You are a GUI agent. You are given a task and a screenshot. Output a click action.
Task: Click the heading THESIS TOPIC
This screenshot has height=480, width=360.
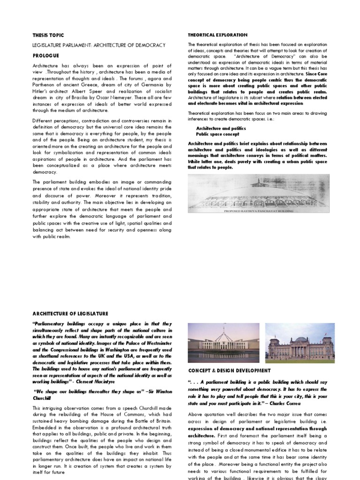(x=48, y=35)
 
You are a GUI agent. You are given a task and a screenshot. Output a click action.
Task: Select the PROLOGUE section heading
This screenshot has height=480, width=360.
(x=46, y=55)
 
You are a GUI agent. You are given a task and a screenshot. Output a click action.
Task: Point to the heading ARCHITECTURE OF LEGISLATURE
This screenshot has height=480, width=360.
(x=70, y=314)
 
